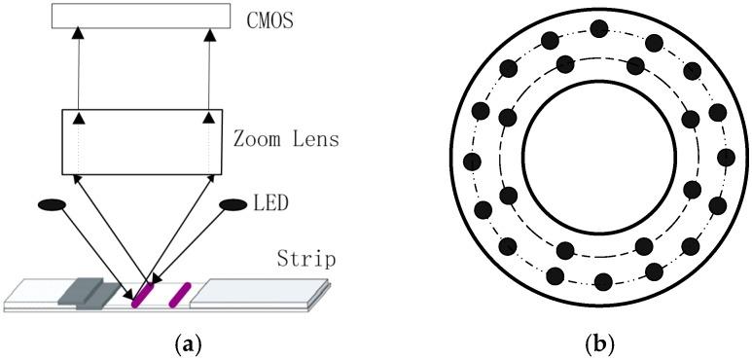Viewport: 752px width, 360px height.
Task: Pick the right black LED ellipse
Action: [233, 205]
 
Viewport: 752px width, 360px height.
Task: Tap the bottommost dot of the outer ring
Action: [602, 282]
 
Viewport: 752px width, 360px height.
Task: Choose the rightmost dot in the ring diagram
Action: [725, 157]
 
